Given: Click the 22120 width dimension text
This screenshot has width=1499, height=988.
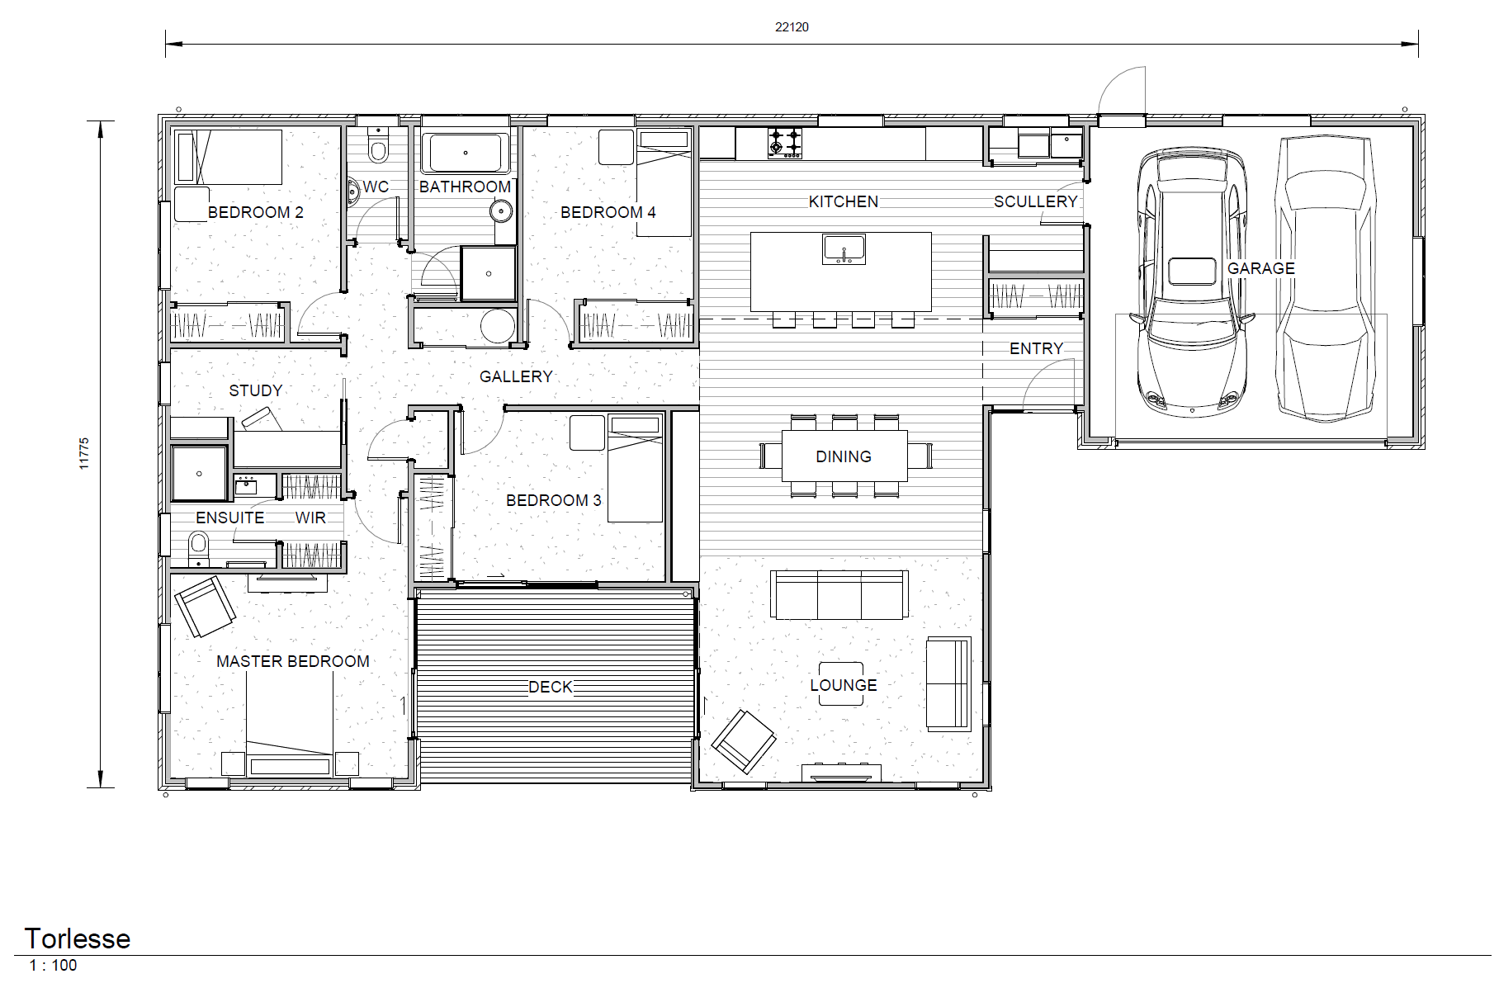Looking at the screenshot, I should (x=792, y=27).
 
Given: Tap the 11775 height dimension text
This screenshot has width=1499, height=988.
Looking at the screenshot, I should (x=83, y=453).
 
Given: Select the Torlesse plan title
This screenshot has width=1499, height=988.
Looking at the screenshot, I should (x=78, y=938).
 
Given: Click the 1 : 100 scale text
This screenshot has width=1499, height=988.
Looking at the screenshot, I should (x=53, y=965).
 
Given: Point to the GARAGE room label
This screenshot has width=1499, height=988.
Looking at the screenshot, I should (x=1260, y=268).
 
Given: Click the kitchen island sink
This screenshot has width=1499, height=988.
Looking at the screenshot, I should (x=844, y=248).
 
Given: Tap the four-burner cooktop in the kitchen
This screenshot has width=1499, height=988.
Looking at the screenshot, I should (x=784, y=143).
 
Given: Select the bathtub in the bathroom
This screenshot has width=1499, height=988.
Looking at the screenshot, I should (x=466, y=153).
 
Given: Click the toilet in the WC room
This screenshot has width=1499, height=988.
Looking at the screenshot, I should (x=379, y=149).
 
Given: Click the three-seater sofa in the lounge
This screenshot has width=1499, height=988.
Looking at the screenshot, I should (x=839, y=594).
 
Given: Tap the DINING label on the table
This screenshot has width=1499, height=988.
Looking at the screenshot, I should (x=844, y=456).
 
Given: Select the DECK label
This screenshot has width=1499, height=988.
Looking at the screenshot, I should (x=551, y=687).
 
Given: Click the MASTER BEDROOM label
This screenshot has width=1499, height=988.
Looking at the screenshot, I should (x=293, y=661).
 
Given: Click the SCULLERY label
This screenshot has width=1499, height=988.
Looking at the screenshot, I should (x=1035, y=201).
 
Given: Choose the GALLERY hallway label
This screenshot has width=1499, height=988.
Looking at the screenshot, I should (x=516, y=376).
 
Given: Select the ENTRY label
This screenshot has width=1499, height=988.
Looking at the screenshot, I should (x=1036, y=348).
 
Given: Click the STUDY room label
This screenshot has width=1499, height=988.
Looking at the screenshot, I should (x=256, y=390).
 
